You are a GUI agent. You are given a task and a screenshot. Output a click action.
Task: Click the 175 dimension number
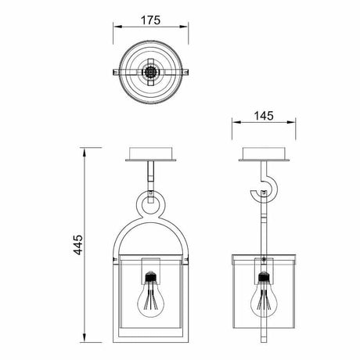tap(150, 20)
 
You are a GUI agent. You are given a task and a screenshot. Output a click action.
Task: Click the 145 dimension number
tap(264, 116)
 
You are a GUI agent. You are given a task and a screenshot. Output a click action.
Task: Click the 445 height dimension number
tap(77, 245)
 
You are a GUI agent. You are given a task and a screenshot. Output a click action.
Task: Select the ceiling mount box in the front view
tap(151, 154)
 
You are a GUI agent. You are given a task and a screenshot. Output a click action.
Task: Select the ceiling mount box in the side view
tap(264, 154)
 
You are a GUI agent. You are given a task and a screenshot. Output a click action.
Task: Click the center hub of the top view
tap(150, 72)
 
